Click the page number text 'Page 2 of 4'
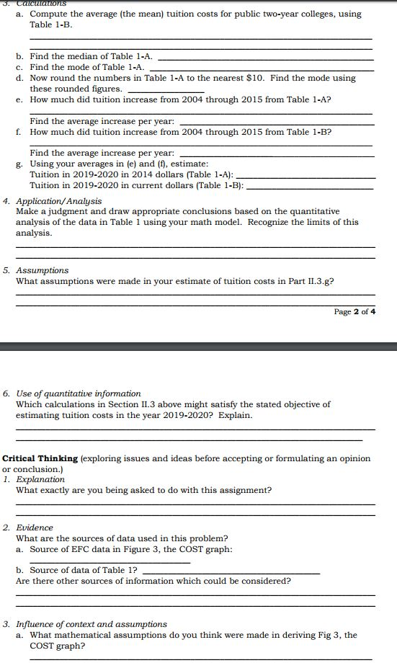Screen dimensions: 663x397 pyautogui.click(x=354, y=311)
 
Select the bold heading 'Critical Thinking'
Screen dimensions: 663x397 pyautogui.click(x=40, y=458)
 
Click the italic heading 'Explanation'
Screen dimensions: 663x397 pyautogui.click(x=40, y=479)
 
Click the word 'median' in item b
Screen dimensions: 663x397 pyautogui.click(x=79, y=56)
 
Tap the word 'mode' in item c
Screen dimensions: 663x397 pyautogui.click(x=76, y=67)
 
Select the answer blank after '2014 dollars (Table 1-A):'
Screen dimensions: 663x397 pyautogui.click(x=305, y=177)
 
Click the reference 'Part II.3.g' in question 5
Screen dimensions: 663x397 pyautogui.click(x=311, y=281)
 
